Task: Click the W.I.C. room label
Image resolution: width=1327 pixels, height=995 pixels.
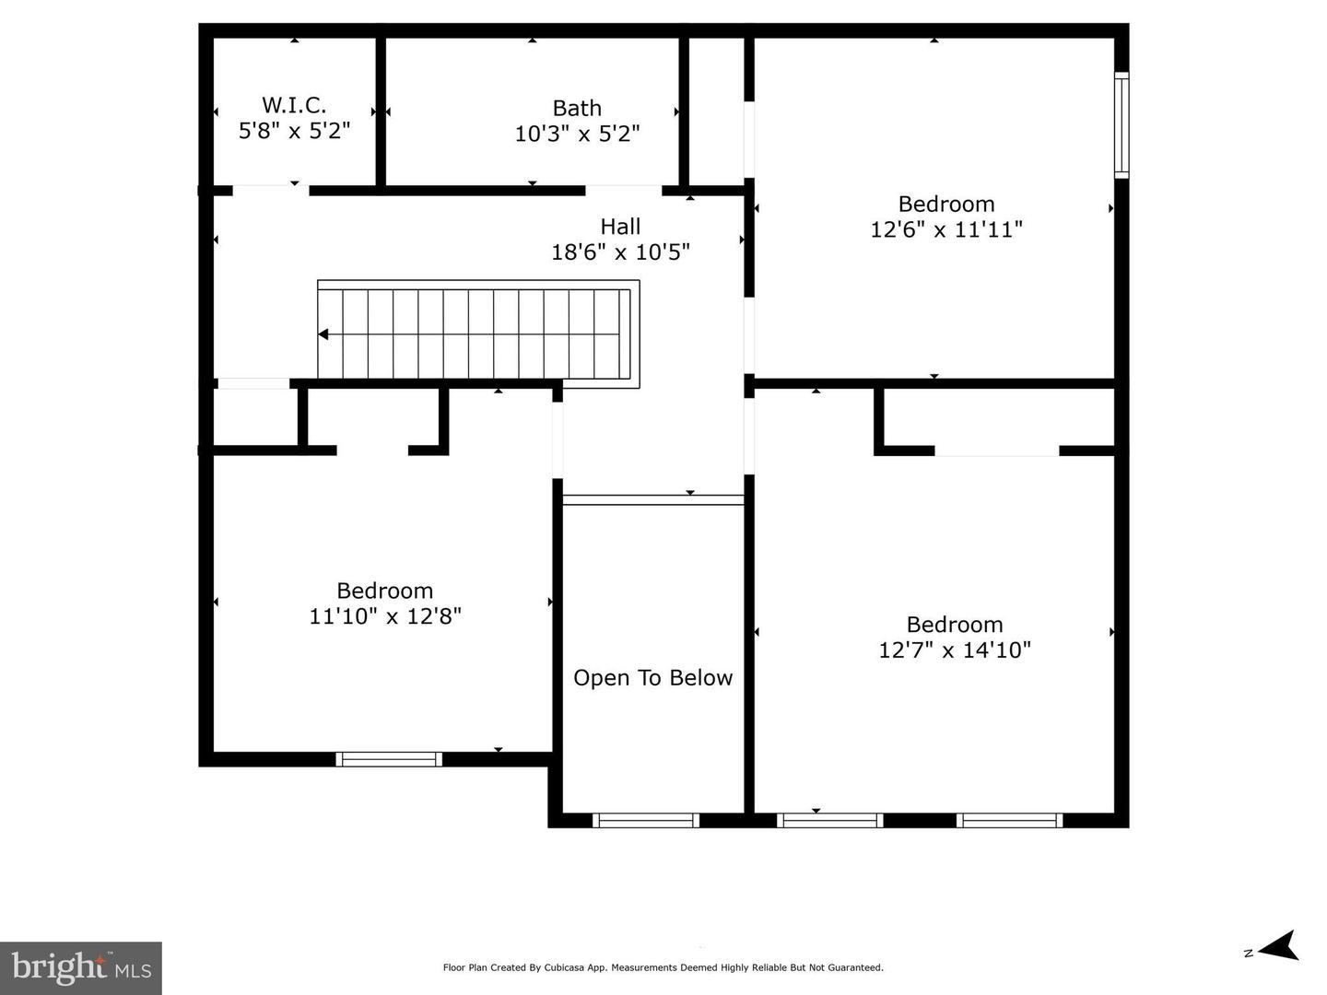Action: click(294, 105)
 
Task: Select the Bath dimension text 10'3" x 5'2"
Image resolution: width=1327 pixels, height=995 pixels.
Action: click(577, 135)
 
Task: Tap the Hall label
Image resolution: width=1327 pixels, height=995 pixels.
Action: click(620, 227)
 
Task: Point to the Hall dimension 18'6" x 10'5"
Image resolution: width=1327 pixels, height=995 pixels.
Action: click(620, 252)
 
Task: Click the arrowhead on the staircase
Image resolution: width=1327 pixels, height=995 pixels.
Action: click(324, 334)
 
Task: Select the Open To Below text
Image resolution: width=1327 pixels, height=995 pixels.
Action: click(652, 678)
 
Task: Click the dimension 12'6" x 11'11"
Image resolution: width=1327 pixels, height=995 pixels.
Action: click(946, 229)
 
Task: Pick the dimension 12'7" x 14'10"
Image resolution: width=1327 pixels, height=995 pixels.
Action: click(955, 650)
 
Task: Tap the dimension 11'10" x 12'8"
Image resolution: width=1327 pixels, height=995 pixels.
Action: click(385, 616)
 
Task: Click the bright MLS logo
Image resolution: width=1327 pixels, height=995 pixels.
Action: click(81, 967)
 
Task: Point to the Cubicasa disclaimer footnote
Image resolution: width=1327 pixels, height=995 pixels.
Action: click(663, 967)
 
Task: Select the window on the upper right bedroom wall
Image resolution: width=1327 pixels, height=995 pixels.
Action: click(1121, 124)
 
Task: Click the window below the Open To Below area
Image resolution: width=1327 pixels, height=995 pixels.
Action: click(646, 820)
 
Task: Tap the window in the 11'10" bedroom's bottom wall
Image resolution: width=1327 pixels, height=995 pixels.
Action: click(389, 759)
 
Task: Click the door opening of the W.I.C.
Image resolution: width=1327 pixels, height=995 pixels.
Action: click(270, 191)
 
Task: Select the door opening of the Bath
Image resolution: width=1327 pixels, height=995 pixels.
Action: click(623, 191)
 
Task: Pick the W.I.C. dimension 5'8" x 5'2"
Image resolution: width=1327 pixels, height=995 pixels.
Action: click(294, 131)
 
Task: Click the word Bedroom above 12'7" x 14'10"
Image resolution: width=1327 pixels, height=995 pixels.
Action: click(955, 625)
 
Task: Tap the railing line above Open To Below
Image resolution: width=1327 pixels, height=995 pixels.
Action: click(652, 500)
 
